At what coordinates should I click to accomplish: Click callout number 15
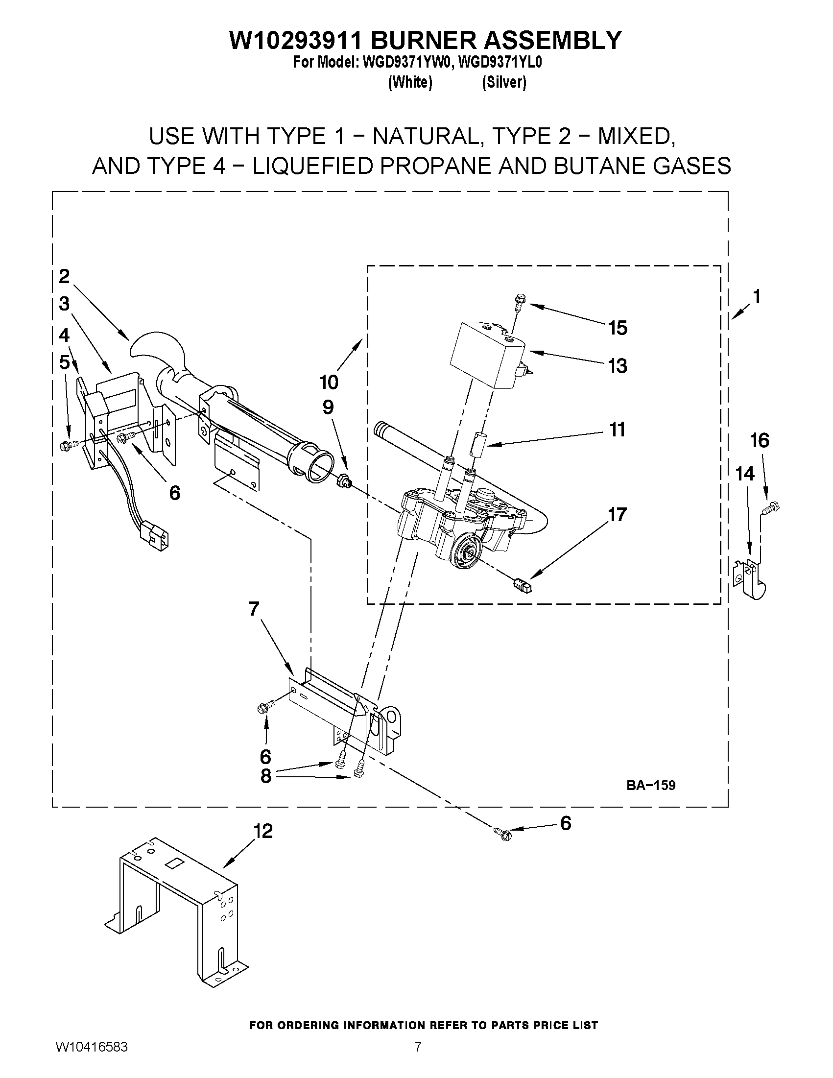tap(618, 328)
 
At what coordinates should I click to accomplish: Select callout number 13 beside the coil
tap(618, 366)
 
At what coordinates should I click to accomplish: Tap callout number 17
tap(617, 514)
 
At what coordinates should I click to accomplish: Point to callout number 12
tap(263, 832)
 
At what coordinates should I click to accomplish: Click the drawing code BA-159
tap(650, 785)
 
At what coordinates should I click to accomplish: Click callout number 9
tap(328, 407)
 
